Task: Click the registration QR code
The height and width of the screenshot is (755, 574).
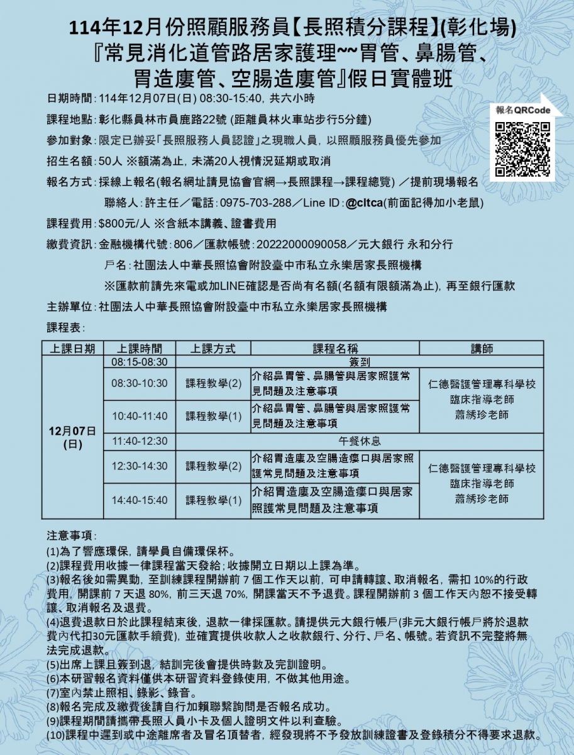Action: [522, 149]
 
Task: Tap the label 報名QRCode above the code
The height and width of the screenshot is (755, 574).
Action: [522, 110]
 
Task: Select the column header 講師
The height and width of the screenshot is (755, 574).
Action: [482, 349]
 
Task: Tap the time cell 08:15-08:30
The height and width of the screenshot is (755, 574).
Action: [140, 362]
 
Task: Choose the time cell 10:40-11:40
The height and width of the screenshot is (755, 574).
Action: [140, 417]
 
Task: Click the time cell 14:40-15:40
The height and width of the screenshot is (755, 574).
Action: [140, 500]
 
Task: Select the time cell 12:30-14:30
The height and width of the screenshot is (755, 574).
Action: [140, 466]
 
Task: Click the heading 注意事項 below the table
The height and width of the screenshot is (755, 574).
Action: [70, 535]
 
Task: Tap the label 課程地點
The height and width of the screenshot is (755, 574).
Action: [70, 119]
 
